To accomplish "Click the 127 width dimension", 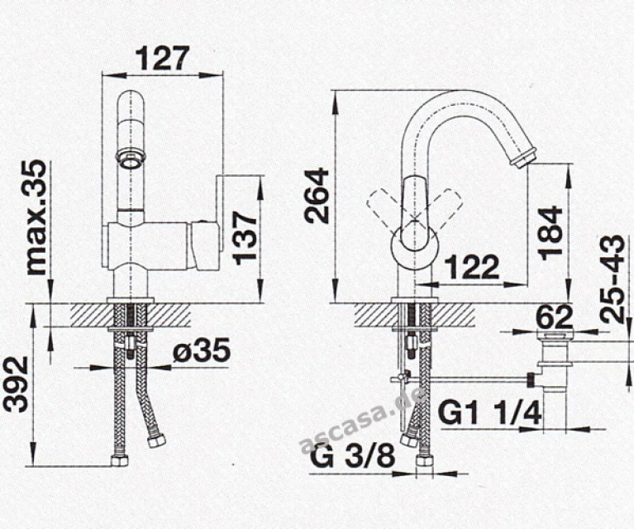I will point(163,59).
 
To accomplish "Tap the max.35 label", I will point(35,217).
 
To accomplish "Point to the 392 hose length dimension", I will point(16,385).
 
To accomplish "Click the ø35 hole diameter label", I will point(201,351).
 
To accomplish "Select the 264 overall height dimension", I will point(317,195).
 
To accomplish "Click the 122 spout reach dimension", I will point(471,268).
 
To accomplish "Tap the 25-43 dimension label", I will point(613,279).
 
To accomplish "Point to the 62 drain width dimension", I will point(554,317).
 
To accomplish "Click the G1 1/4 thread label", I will point(490,412).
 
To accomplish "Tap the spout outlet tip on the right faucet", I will point(524,157).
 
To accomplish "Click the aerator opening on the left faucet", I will point(130,156).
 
